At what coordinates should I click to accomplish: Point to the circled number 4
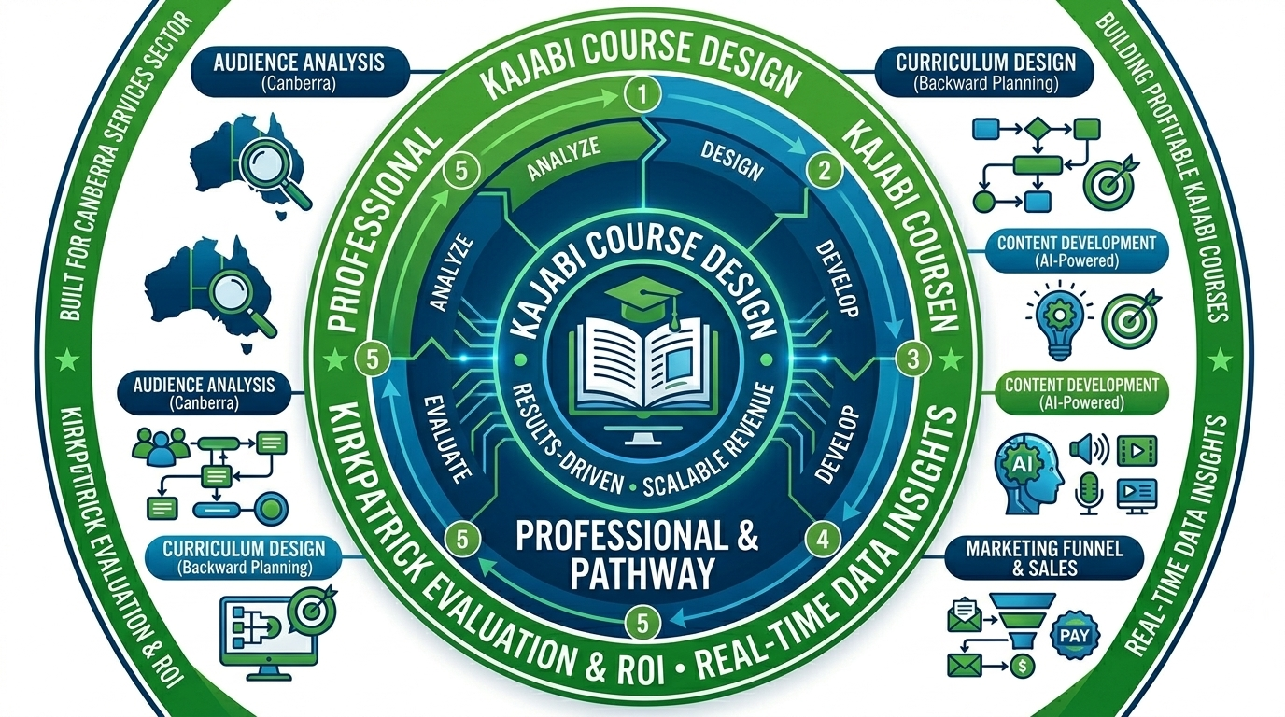pos(822,539)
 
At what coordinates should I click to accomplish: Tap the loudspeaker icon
pos(1089,451)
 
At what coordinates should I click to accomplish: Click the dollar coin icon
pos(1022,666)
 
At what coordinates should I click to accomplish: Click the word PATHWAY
pos(640,572)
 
